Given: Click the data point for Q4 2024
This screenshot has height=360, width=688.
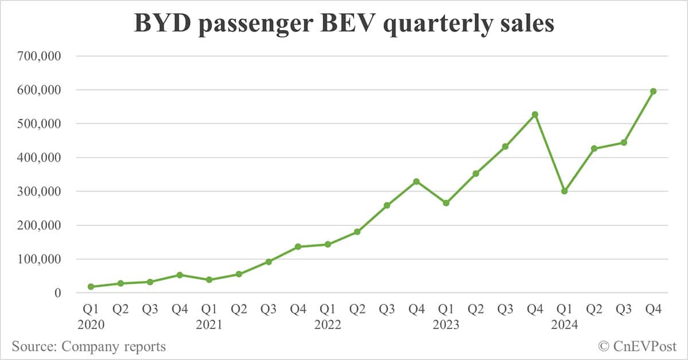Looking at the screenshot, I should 653,91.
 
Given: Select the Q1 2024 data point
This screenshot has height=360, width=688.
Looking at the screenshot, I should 564,191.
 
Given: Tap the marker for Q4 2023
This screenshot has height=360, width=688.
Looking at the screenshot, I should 535,115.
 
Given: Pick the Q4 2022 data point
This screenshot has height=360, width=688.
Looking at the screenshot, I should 416,182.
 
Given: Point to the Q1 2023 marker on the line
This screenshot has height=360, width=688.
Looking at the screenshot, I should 446,203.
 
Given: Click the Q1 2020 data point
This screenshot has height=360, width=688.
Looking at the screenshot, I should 91,287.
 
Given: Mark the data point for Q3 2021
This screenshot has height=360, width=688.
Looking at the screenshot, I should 268,261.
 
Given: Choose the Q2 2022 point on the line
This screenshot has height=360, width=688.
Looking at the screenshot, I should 357,232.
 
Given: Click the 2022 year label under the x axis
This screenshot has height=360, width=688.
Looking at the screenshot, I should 327,325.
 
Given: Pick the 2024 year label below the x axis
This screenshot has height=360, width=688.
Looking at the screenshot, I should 564,325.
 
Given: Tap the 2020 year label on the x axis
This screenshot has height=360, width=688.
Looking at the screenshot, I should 91,325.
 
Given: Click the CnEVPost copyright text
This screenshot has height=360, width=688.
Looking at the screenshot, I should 638,346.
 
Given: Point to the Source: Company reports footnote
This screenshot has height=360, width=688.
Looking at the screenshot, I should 89,346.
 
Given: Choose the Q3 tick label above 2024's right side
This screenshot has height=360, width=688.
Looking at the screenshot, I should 624,310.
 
